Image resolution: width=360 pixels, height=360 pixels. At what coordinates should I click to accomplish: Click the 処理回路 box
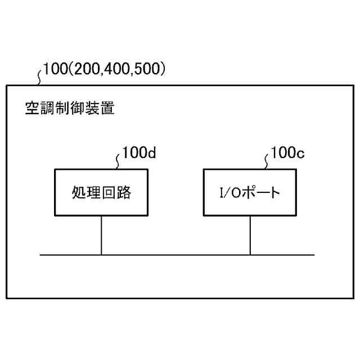101,192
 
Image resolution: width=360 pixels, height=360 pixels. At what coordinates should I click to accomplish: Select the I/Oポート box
250,192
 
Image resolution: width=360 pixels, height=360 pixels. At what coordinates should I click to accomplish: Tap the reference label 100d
139,154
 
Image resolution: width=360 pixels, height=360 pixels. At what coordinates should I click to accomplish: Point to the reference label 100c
287,153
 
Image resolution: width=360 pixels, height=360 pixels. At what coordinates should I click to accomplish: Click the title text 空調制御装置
70,109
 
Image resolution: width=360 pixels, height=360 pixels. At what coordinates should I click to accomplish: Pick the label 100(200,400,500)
104,70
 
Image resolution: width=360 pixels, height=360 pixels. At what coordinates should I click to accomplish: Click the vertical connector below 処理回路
101,236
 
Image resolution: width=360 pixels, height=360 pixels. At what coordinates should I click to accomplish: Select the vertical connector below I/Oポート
250,236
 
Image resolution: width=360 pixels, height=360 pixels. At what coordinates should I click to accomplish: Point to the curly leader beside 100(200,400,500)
39,76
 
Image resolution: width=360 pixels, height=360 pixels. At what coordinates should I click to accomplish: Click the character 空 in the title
33,109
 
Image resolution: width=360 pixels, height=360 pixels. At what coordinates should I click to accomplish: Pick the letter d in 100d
151,154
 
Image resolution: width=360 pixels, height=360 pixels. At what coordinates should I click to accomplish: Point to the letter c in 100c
300,154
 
